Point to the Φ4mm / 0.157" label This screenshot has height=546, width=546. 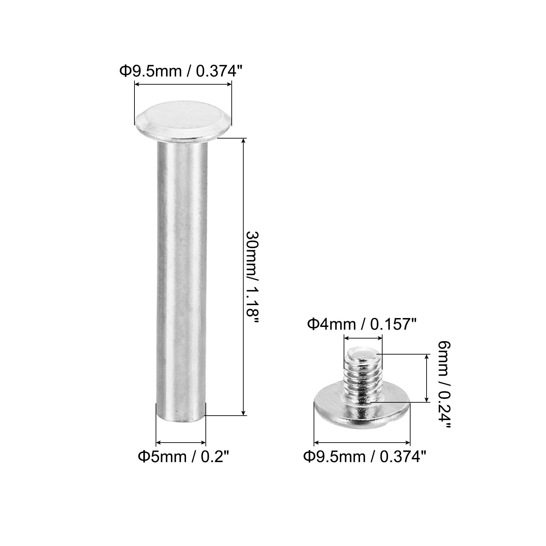click(x=362, y=324)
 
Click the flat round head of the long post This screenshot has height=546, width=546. click(x=184, y=121)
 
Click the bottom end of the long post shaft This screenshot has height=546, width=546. click(x=182, y=420)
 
